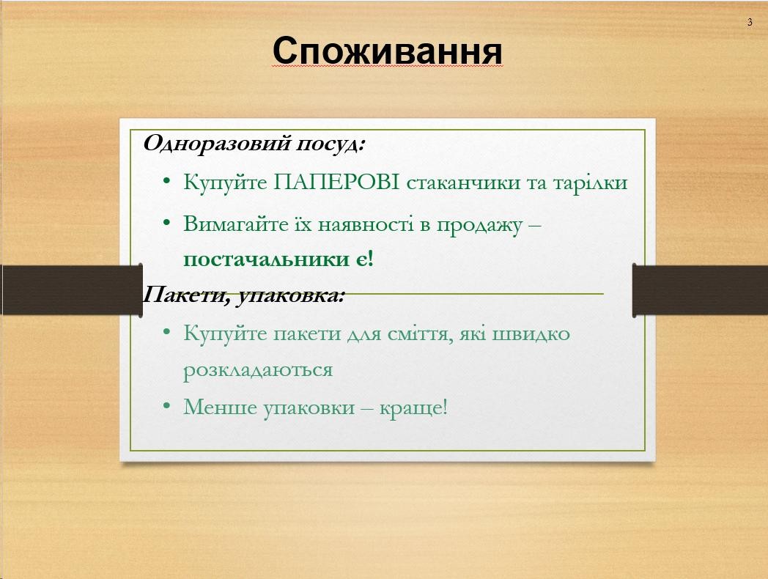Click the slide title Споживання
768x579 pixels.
pyautogui.click(x=388, y=51)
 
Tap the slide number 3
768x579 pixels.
pyautogui.click(x=750, y=22)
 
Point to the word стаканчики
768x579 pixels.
pyautogui.click(x=463, y=182)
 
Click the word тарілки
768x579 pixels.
pyautogui.click(x=590, y=182)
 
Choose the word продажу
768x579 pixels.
pyautogui.click(x=479, y=225)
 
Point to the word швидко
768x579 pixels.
pyautogui.click(x=531, y=333)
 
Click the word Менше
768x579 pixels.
pyautogui.click(x=221, y=407)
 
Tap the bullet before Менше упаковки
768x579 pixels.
pyautogui.click(x=167, y=407)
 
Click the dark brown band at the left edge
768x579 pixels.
pyautogui.click(x=72, y=290)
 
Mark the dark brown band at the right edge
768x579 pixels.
pyautogui.click(x=701, y=290)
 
